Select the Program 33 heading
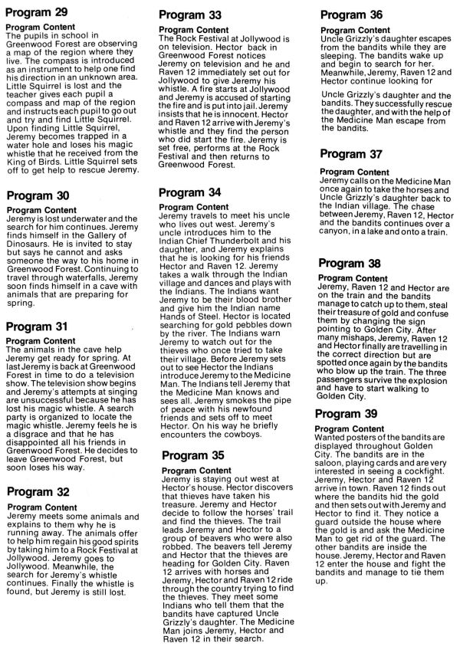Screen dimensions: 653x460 tap(191, 15)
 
